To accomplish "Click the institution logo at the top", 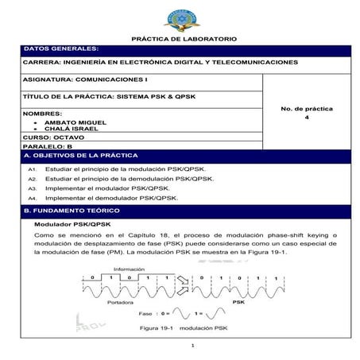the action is click(x=182, y=18).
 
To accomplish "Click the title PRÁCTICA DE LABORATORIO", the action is click(x=181, y=39).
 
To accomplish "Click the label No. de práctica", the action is click(x=307, y=107).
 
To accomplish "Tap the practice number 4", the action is click(x=307, y=117).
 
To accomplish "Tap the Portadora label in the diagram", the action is click(x=120, y=303).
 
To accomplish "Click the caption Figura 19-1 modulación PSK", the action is click(x=184, y=327).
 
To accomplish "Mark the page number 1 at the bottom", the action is click(x=192, y=346).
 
